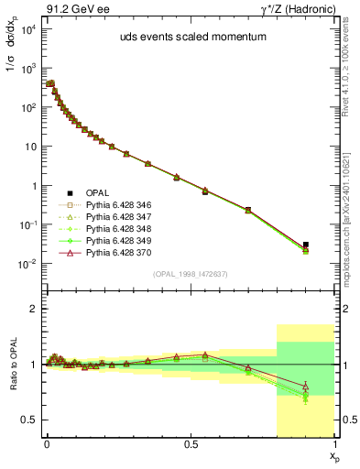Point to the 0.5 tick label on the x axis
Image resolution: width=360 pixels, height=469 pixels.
click(191, 443)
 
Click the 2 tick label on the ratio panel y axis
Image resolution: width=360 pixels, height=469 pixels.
click(34, 310)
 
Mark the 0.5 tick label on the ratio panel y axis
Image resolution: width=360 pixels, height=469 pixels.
click(30, 420)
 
